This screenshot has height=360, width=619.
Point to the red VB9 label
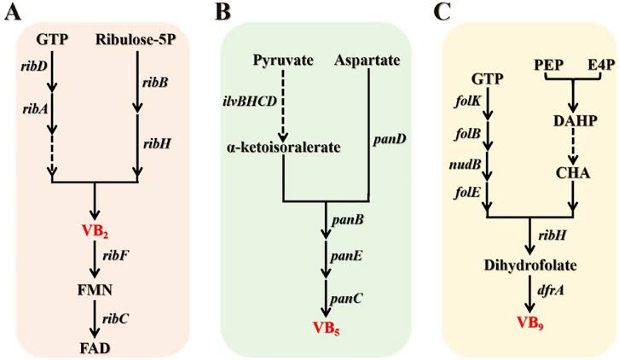point(531,323)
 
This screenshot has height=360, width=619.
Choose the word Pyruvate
point(283,61)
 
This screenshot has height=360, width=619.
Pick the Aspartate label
point(367,61)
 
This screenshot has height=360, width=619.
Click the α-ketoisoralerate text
point(283,146)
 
